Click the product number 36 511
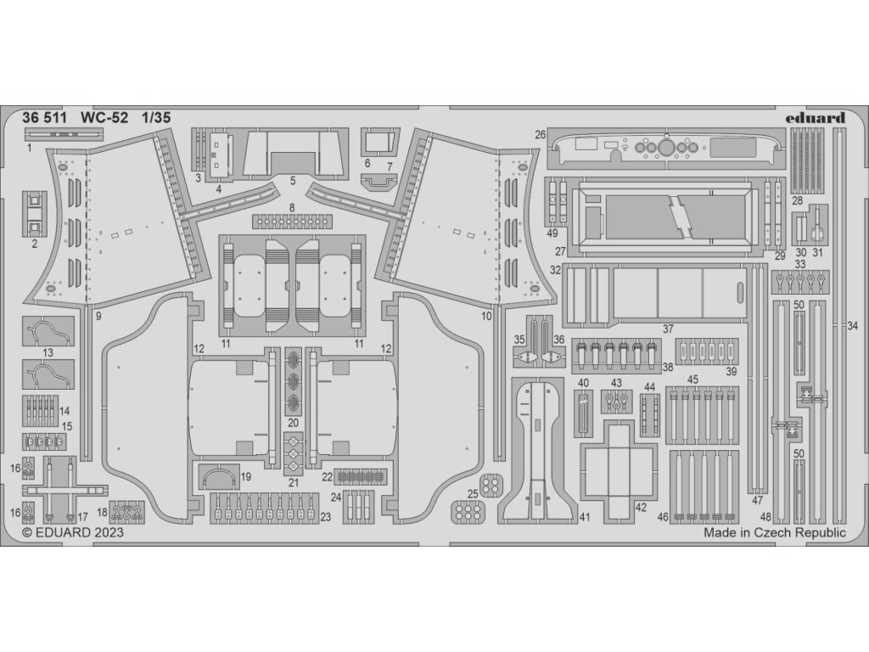pyautogui.click(x=44, y=119)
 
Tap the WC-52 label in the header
pyautogui.click(x=105, y=119)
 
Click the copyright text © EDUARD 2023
pyautogui.click(x=72, y=533)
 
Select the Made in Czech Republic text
pyautogui.click(x=775, y=533)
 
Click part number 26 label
pyautogui.click(x=540, y=134)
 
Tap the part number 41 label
pyautogui.click(x=585, y=517)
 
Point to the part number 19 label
pyautogui.click(x=246, y=478)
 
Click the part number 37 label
pyautogui.click(x=668, y=329)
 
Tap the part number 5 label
pyautogui.click(x=291, y=181)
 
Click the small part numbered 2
pyautogui.click(x=35, y=213)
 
